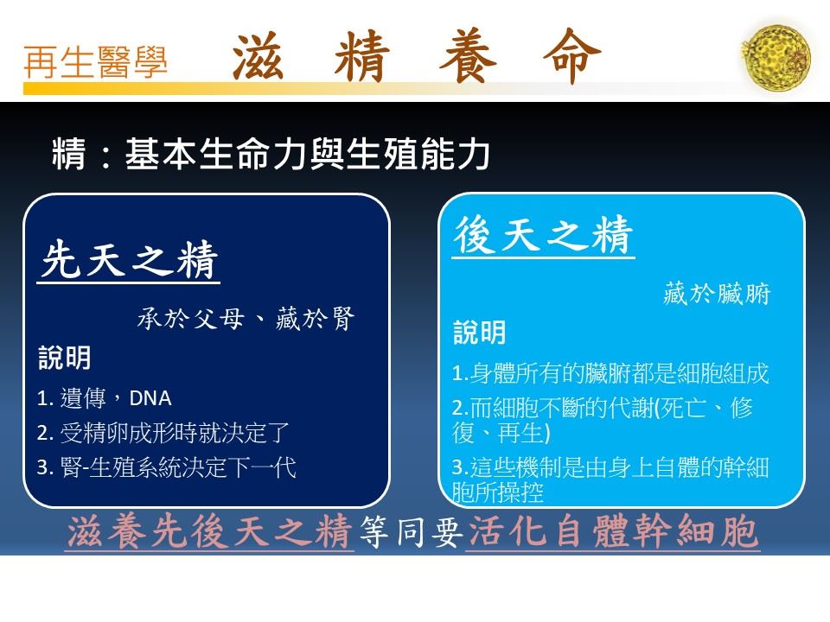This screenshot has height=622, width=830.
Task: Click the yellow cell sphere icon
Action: pyautogui.click(x=776, y=56)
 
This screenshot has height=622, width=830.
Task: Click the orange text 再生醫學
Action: pyautogui.click(x=96, y=62)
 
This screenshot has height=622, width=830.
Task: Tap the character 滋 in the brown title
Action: pyautogui.click(x=258, y=56)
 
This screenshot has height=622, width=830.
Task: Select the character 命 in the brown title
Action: pyautogui.click(x=572, y=56)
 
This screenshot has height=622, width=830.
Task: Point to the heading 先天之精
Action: pyautogui.click(x=129, y=259)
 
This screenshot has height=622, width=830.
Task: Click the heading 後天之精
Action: pyautogui.click(x=544, y=235)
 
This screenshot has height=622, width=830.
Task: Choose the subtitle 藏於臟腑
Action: pyautogui.click(x=717, y=293)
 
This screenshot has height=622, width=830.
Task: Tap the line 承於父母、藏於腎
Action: pyautogui.click(x=246, y=319)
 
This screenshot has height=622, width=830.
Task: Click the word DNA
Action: pyautogui.click(x=150, y=398)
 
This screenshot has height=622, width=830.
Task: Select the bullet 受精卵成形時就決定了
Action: pyautogui.click(x=174, y=433)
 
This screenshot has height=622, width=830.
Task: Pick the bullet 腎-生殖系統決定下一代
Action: pyautogui.click(x=178, y=467)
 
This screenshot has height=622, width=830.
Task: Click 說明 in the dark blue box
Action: pyautogui.click(x=65, y=358)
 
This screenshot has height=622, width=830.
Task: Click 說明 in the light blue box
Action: pyautogui.click(x=480, y=333)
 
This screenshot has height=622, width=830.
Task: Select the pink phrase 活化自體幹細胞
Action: pyautogui.click(x=613, y=531)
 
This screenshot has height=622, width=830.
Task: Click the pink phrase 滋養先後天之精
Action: pyautogui.click(x=209, y=531)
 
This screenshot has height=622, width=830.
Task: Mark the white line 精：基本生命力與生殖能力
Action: pyautogui.click(x=271, y=154)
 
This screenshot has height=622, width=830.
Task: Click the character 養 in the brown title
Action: pyautogui.click(x=468, y=56)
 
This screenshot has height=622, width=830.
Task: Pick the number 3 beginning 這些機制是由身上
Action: pyautogui.click(x=457, y=467)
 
